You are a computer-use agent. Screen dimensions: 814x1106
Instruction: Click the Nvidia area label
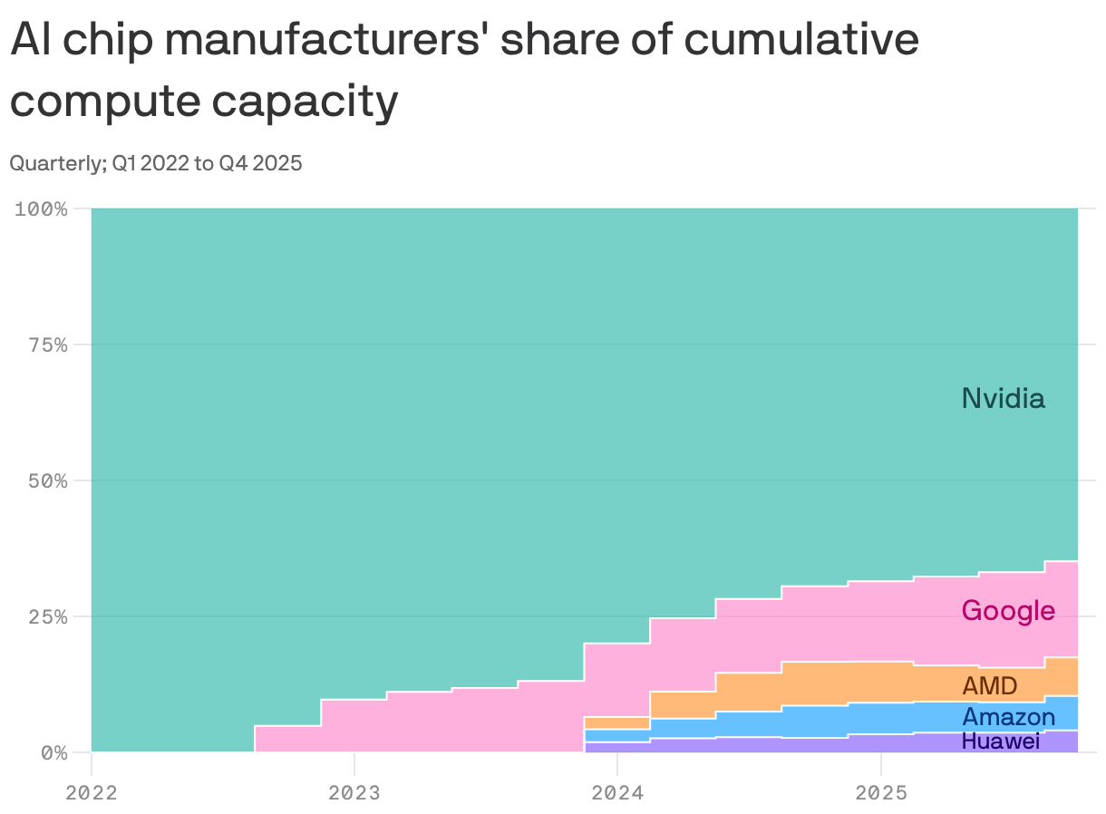(1003, 398)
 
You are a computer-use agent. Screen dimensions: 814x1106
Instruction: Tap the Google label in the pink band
(1007, 611)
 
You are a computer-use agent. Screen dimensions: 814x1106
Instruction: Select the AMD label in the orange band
(989, 685)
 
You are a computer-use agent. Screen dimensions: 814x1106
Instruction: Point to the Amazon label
(1008, 718)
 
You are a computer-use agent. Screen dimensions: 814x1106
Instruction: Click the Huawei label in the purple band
(1000, 741)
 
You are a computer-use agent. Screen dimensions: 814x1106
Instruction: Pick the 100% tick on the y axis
(42, 209)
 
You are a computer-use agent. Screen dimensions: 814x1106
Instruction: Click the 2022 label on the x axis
(92, 792)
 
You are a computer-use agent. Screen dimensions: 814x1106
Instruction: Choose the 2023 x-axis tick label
(354, 792)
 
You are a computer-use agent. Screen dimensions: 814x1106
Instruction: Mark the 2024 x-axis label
(616, 792)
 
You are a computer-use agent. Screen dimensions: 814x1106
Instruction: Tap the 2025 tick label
(880, 792)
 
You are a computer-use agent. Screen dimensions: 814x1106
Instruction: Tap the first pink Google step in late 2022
(287, 739)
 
